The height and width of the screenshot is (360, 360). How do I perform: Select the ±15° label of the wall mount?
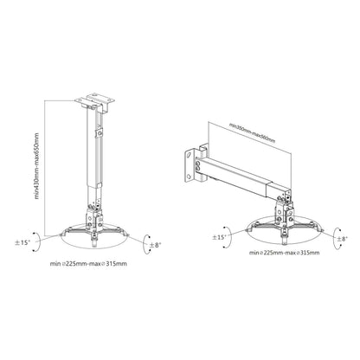[222, 236]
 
